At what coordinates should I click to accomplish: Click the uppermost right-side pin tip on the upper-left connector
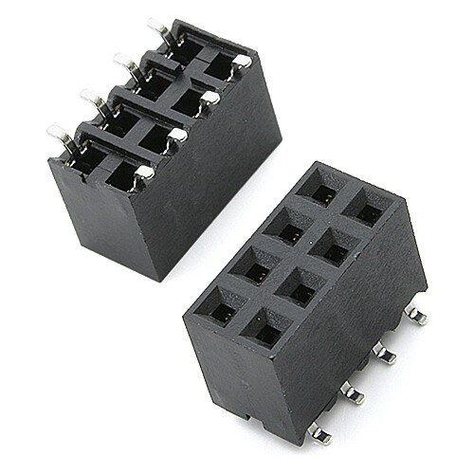(x=242, y=61)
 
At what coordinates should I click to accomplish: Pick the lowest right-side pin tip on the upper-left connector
(x=143, y=172)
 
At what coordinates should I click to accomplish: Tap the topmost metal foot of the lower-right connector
(x=413, y=314)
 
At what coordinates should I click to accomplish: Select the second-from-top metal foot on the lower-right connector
(x=384, y=353)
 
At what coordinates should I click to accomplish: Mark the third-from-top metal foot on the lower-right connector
(x=352, y=392)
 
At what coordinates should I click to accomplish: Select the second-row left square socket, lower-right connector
(x=284, y=229)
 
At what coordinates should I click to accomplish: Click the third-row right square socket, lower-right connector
(x=301, y=286)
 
